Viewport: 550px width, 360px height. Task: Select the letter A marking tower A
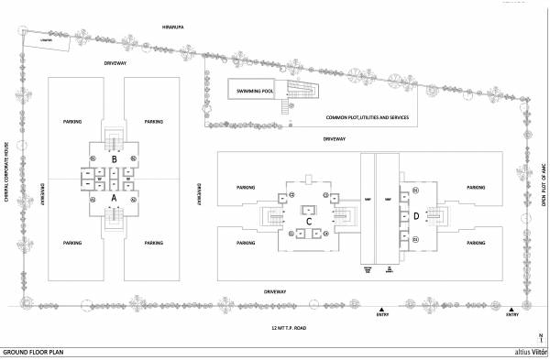(x=114, y=196)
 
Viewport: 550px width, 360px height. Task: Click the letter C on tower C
(x=309, y=221)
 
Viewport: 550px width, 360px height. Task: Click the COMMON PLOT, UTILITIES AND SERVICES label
(x=368, y=118)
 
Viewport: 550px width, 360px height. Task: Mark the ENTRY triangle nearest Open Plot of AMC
(x=511, y=309)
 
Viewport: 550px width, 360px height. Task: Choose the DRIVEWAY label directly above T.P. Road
(x=276, y=292)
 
